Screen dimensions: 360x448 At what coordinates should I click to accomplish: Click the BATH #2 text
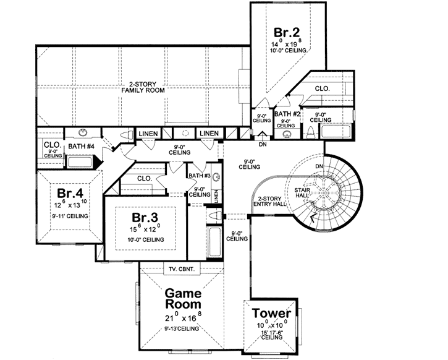[x=287, y=114]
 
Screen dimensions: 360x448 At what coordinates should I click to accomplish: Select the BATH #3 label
[x=198, y=175]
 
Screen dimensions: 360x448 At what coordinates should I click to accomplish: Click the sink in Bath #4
[x=82, y=134]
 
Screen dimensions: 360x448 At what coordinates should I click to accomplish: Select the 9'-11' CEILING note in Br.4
[x=69, y=215]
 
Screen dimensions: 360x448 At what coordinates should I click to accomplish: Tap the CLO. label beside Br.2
[x=322, y=88]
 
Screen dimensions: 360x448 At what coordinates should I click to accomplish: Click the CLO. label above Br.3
[x=145, y=178]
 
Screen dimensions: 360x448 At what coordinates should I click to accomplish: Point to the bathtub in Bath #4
[x=79, y=162]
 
